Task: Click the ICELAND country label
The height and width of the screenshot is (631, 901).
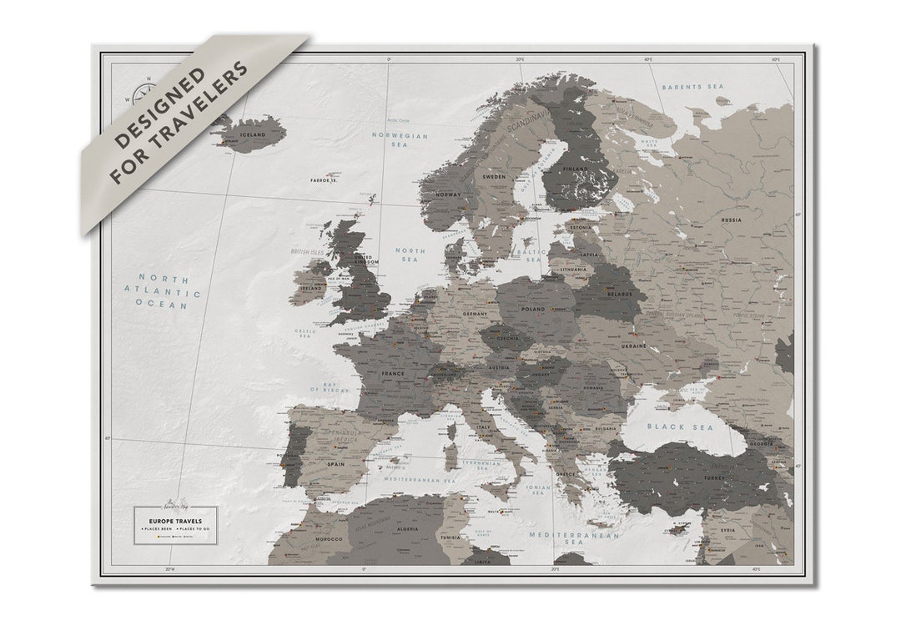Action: (252, 134)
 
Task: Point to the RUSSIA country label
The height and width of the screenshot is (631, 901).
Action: (731, 220)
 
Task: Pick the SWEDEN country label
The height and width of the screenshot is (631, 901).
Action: (495, 178)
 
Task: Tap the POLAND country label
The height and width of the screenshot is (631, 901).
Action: (532, 309)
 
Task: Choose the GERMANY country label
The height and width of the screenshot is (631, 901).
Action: (475, 314)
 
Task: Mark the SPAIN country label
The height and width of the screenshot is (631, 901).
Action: (336, 464)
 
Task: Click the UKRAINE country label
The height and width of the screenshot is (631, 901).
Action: (633, 345)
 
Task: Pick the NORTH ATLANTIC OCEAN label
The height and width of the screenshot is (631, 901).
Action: (169, 291)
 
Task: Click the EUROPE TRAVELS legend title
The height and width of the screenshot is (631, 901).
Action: (175, 521)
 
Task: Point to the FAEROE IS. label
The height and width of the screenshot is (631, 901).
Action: (324, 179)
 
